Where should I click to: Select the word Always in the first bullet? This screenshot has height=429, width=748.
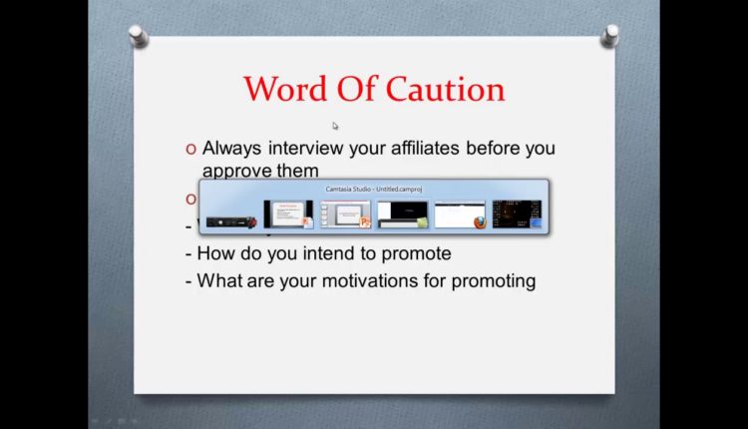coord(230,149)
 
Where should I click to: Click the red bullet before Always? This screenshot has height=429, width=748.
coord(190,150)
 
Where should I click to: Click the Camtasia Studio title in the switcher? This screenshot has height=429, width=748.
coord(374,188)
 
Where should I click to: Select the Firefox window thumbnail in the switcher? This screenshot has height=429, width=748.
coord(460,214)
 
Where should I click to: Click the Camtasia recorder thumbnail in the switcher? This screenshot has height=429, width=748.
coord(229,214)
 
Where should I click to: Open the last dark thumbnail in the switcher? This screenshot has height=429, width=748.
coord(517,214)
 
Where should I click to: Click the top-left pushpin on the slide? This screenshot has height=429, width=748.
coord(139,37)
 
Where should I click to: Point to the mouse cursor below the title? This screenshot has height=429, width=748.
coord(335,126)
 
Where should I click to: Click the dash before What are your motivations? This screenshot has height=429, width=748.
coord(188,281)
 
